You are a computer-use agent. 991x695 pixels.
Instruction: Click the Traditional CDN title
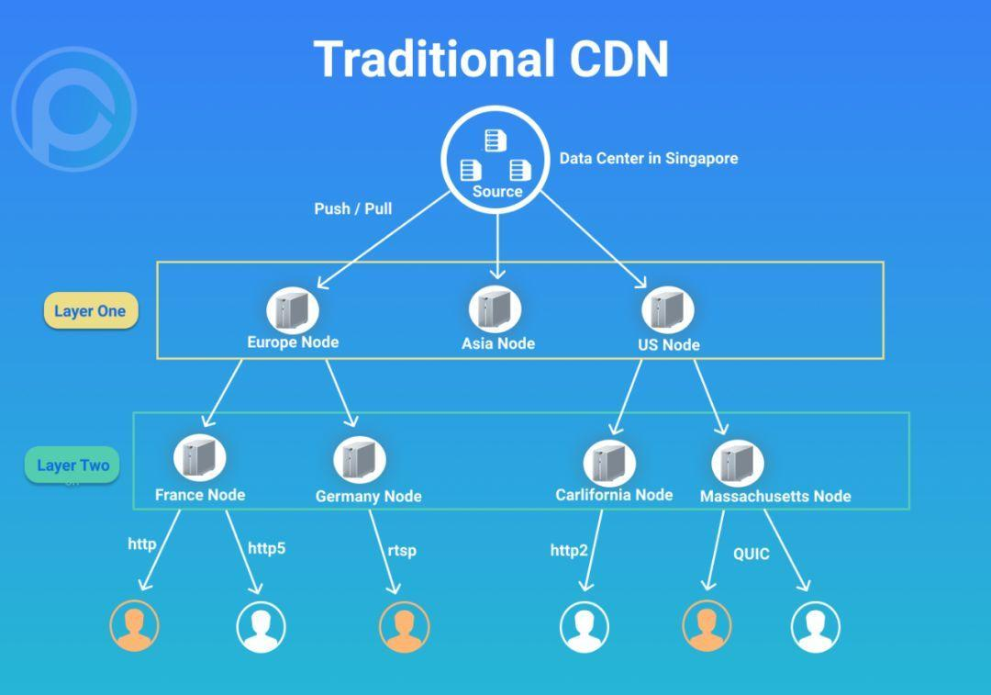pyautogui.click(x=492, y=59)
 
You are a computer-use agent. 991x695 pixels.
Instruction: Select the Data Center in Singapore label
pyautogui.click(x=649, y=158)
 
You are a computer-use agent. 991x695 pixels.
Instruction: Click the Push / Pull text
pyautogui.click(x=352, y=208)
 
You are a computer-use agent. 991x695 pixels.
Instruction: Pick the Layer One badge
pyautogui.click(x=90, y=310)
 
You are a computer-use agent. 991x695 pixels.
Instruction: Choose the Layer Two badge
pyautogui.click(x=72, y=465)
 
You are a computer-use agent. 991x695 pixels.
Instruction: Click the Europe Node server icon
pyautogui.click(x=293, y=309)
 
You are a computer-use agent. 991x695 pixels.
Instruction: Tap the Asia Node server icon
pyautogui.click(x=495, y=309)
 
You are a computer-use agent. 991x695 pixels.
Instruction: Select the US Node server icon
pyautogui.click(x=667, y=309)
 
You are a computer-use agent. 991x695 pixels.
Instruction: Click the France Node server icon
pyautogui.click(x=200, y=457)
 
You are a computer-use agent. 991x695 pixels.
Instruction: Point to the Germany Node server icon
pyautogui.click(x=360, y=459)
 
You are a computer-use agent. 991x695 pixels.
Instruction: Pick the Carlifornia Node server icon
pyautogui.click(x=609, y=462)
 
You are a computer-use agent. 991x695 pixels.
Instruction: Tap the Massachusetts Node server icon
pyautogui.click(x=738, y=463)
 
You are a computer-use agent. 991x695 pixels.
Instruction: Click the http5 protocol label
pyautogui.click(x=266, y=548)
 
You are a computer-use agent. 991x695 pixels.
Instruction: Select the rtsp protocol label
pyautogui.click(x=401, y=550)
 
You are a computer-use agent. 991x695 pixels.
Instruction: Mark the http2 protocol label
pyautogui.click(x=569, y=550)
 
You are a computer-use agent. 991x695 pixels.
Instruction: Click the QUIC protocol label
pyautogui.click(x=751, y=554)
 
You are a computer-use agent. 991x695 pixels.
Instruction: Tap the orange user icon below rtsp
pyautogui.click(x=404, y=627)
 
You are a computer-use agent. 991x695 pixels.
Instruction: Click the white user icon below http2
pyautogui.click(x=585, y=627)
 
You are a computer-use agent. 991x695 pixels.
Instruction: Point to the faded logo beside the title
pyautogui.click(x=73, y=108)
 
